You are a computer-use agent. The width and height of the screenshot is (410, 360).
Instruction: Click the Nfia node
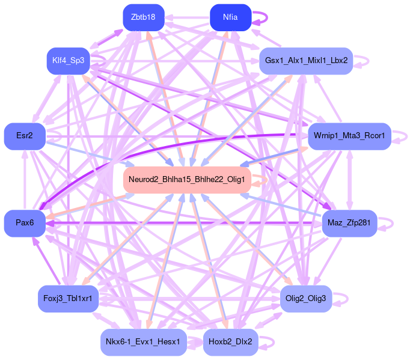[x=230, y=17]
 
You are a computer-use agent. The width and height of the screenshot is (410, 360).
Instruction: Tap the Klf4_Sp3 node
[x=68, y=61]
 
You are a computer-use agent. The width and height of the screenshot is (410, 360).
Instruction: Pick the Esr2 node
[x=25, y=136]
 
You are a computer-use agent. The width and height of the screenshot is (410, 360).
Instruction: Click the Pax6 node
[x=25, y=223]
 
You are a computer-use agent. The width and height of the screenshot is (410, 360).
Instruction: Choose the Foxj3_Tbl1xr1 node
[x=68, y=299]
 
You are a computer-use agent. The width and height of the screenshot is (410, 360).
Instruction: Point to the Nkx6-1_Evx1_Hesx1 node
[x=143, y=342]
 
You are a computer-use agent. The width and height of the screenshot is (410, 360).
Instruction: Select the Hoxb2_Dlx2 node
[x=230, y=342]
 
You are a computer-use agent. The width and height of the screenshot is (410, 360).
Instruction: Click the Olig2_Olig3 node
[x=305, y=299]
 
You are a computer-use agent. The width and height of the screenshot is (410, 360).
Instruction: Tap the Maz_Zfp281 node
[x=349, y=223]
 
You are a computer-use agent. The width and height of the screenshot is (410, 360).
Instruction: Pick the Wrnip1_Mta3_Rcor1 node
[x=349, y=136]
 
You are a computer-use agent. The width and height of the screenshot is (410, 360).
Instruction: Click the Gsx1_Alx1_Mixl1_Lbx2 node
[x=305, y=61]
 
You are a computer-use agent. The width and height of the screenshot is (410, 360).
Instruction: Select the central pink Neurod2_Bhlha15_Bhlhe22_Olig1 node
[x=186, y=180]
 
